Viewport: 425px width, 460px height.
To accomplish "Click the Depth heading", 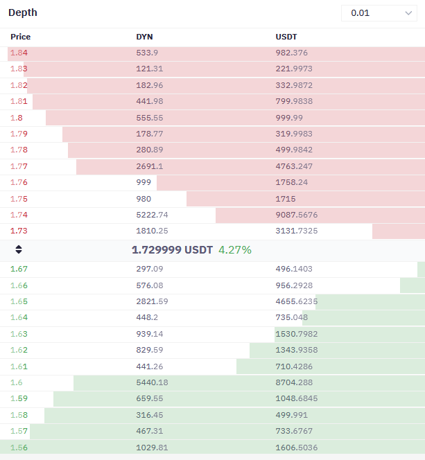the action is [23, 12].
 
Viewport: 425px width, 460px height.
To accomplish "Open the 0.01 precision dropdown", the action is [379, 13].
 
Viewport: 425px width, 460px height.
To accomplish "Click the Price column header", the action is [21, 37].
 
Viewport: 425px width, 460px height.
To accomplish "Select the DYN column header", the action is [144, 37].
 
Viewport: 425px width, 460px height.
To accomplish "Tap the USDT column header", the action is [286, 37].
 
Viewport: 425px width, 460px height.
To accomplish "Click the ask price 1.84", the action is [19, 53].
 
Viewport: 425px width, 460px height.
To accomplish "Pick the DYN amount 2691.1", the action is [149, 166].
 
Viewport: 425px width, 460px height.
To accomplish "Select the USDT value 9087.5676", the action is [297, 215].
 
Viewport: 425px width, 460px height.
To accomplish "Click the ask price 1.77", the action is [19, 166].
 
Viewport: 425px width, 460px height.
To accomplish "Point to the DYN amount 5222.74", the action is [152, 215].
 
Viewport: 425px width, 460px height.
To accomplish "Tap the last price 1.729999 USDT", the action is [172, 250].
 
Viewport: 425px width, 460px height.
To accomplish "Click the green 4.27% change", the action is [235, 250].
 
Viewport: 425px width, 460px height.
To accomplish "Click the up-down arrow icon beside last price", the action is [19, 249].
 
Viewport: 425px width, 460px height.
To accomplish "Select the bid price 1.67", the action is [19, 269].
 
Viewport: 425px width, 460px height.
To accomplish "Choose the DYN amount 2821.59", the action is [152, 301].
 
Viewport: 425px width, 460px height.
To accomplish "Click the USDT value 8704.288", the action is [294, 382].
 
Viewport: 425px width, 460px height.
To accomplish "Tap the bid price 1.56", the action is [19, 448].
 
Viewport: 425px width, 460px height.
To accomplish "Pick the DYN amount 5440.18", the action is [152, 382].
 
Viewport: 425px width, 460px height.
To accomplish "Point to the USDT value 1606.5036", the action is [297, 448].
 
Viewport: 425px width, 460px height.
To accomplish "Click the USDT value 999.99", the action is [289, 118].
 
